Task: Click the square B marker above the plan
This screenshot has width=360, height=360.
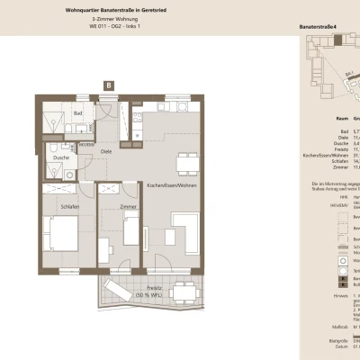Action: point(109,85)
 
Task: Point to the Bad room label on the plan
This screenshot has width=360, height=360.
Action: point(78,113)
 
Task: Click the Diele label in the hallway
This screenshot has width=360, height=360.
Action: point(106,151)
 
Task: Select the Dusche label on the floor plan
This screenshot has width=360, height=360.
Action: point(61,157)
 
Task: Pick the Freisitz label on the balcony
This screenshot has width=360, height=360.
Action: point(149,288)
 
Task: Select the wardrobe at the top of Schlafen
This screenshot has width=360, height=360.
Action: point(62,189)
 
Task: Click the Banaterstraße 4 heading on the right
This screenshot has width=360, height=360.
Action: point(319,28)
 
